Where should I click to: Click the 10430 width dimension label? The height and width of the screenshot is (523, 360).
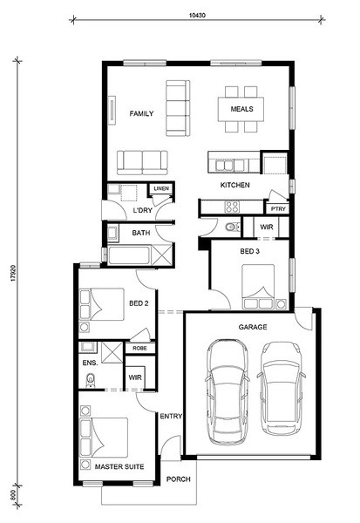coord(197,15)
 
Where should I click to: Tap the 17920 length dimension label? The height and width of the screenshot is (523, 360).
coord(13,273)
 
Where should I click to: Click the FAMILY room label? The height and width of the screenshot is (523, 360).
coord(141,113)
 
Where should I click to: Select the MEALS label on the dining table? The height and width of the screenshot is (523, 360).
coord(242,109)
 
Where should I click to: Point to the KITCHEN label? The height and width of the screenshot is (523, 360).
coord(234,185)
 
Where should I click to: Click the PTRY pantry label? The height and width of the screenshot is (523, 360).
coord(278,209)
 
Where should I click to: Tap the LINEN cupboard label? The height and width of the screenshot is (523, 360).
coord(161,188)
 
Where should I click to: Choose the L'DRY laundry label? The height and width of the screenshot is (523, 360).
coord(142,210)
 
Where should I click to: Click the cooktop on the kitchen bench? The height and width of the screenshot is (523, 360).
coord(232,207)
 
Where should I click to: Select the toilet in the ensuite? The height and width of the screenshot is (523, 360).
coord(91,381)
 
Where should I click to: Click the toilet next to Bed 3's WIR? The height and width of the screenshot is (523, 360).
coord(233,228)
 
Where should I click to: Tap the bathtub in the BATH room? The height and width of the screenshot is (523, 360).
coord(128,255)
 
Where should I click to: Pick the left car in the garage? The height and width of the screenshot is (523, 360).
coord(228,392)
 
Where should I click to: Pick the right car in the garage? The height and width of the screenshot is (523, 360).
coord(281,389)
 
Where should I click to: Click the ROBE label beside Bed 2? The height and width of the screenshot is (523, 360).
coord(139,348)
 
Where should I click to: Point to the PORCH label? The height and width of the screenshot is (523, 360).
coord(179,479)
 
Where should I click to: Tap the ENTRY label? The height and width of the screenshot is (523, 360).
coord(171,417)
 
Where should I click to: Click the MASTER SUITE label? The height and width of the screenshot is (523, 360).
coord(119,466)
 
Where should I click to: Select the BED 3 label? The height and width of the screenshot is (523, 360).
coord(249,251)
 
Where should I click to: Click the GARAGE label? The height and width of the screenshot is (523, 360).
coord(253,327)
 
